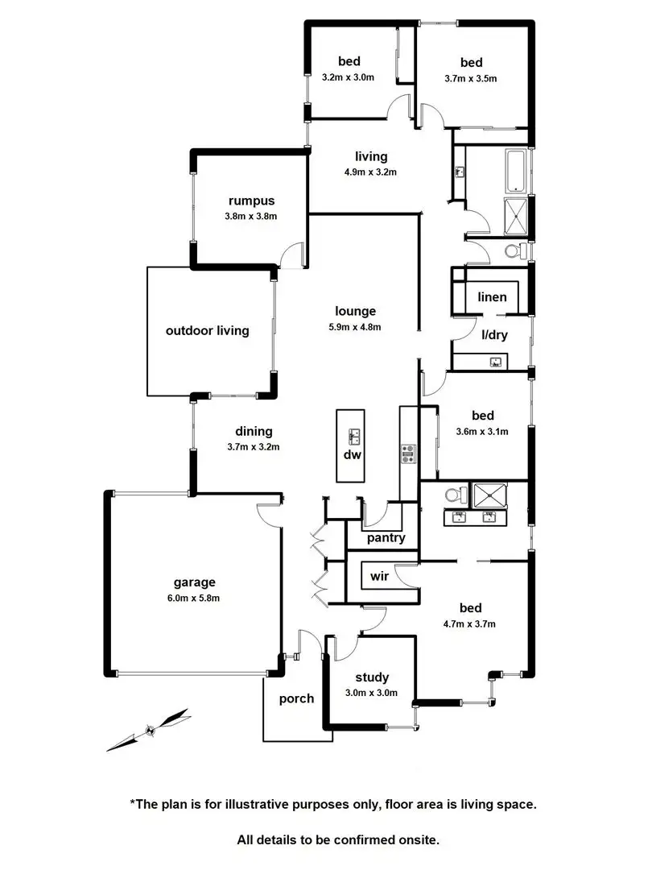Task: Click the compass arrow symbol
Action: click(x=149, y=730)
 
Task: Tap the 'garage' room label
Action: click(x=195, y=582)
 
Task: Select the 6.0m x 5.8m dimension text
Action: click(x=195, y=598)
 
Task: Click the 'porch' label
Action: click(x=296, y=698)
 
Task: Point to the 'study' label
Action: click(x=372, y=677)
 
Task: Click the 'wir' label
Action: click(x=379, y=577)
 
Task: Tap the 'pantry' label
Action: click(x=386, y=538)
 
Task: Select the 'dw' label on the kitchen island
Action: click(x=352, y=454)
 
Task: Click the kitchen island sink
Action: click(x=353, y=437)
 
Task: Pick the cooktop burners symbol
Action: click(x=408, y=454)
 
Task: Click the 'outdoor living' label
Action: click(x=207, y=330)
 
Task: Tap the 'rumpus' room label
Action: click(x=250, y=201)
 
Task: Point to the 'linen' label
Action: click(x=492, y=297)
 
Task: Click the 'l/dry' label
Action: click(x=494, y=335)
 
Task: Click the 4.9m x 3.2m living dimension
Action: click(x=370, y=172)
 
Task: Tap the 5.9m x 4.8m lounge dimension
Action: click(x=356, y=326)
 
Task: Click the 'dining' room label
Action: click(x=254, y=431)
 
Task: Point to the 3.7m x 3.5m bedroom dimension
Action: click(x=471, y=78)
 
